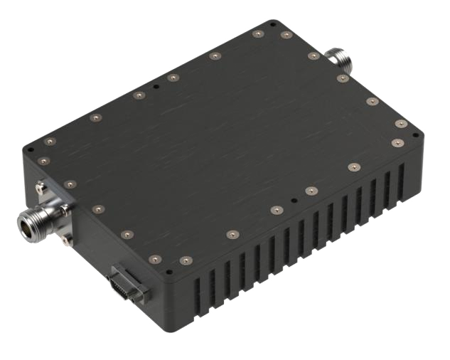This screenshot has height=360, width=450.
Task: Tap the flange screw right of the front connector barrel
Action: pos(66,208)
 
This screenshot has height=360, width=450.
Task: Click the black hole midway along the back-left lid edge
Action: pos(155,88)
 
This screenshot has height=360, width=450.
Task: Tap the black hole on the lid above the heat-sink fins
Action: pos(291,200)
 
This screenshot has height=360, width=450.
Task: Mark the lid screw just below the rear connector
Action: pos(343,77)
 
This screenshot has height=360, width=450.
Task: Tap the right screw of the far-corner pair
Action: pos(286,34)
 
